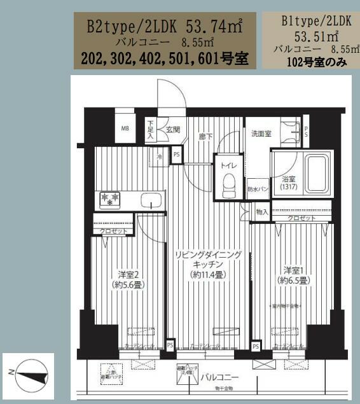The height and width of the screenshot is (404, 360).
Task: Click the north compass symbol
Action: pyautogui.click(x=29, y=373)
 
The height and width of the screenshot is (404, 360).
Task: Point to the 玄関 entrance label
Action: pyautogui.click(x=173, y=129)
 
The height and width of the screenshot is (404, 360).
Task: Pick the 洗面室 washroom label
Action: pyautogui.click(x=261, y=134)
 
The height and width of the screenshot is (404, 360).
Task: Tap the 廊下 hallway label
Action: pyautogui.click(x=204, y=135)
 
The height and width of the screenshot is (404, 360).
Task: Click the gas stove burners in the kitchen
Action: pyautogui.click(x=109, y=199)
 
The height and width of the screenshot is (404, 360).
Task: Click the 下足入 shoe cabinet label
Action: pyautogui.click(x=151, y=129)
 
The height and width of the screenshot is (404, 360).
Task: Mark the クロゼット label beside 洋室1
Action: pyautogui.click(x=300, y=218)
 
